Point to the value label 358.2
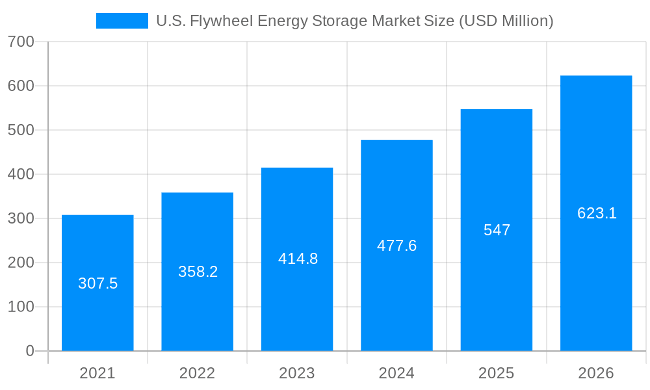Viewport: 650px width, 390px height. pos(198,272)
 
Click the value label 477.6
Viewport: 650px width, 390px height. pos(396,246)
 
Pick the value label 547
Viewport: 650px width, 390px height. pos(497,230)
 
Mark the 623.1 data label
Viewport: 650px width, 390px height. pos(596,213)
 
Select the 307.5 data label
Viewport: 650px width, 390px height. pos(97,283)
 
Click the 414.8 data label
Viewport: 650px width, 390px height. pos(298,259)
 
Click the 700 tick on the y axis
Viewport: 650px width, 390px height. pos(21,42)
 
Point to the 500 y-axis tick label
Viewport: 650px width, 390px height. pos(21,130)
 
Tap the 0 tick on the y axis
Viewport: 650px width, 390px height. pos(30,351)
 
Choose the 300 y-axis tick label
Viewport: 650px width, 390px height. pos(21,218)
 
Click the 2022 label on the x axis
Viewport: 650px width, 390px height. pos(197,373)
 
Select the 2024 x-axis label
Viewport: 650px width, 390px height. pos(396,373)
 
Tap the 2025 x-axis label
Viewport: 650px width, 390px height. pos(497,373)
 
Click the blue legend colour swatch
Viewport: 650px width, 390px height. pos(122,21)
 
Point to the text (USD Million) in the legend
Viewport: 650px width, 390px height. pos(506,21)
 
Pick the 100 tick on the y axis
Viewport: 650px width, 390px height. pos(21,307)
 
